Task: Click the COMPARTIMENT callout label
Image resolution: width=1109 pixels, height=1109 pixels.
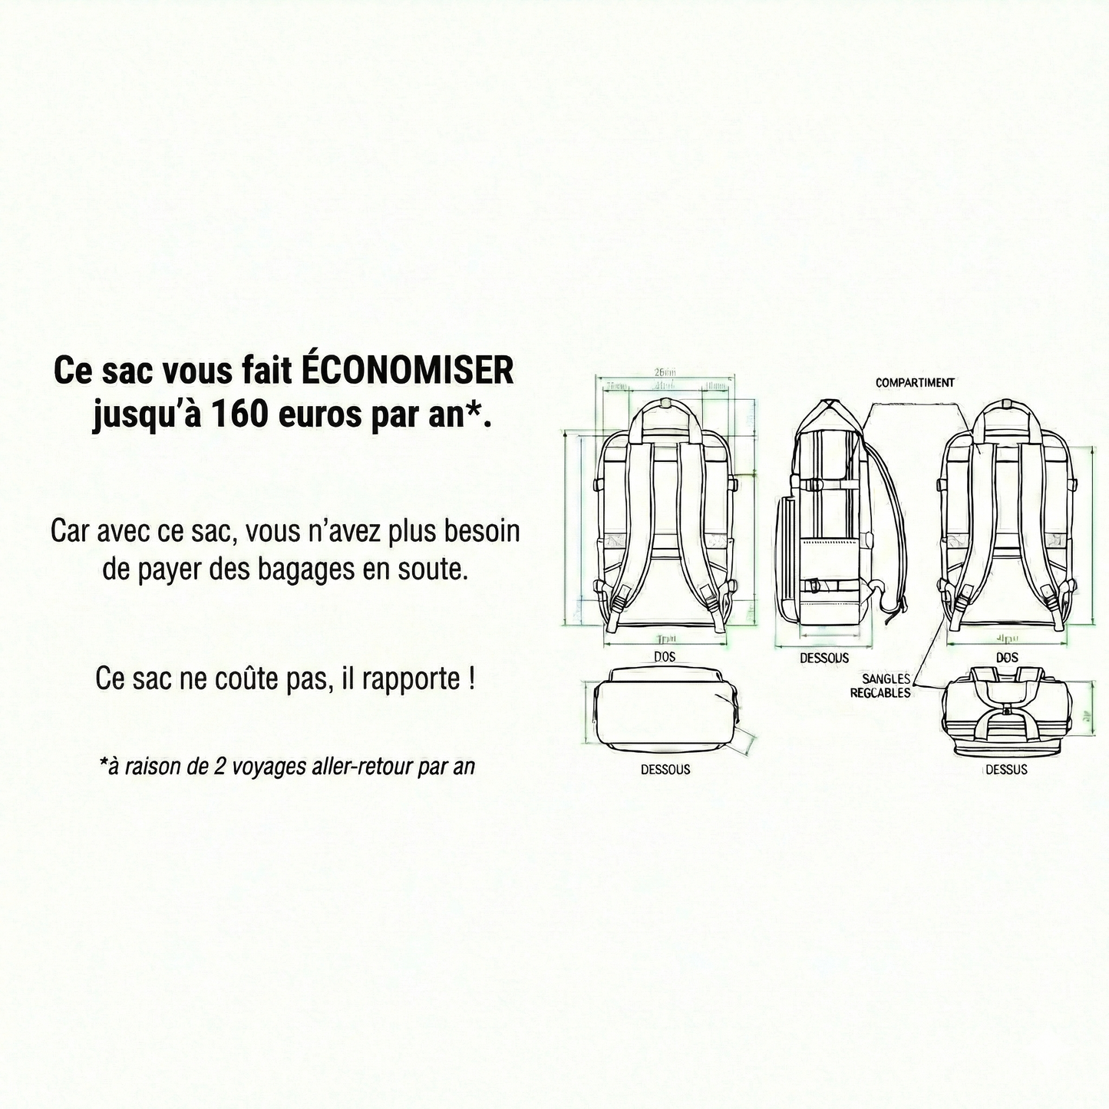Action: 915,382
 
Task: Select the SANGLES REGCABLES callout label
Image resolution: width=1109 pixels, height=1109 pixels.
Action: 881,686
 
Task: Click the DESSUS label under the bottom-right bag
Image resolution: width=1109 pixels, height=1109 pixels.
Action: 1005,770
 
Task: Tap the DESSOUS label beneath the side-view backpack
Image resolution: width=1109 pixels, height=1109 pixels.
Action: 824,658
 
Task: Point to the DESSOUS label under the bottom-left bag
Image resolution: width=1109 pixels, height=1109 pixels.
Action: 665,770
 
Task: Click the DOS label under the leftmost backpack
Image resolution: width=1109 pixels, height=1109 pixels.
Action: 665,657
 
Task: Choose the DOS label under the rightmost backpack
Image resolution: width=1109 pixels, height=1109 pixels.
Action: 1007,658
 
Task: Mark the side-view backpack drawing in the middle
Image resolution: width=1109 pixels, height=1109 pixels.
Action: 829,522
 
